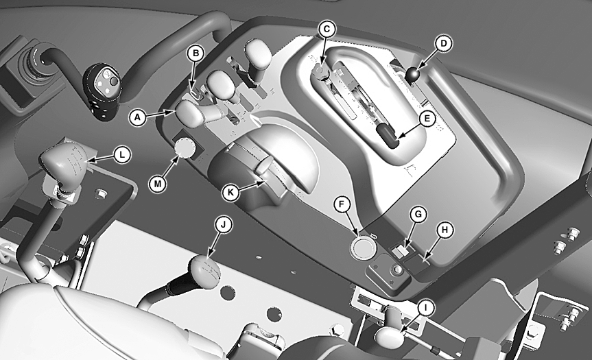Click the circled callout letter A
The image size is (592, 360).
click(x=137, y=117)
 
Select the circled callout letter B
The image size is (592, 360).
click(x=196, y=53)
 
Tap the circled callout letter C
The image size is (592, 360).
click(x=327, y=29)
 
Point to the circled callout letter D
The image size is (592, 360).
click(x=444, y=43)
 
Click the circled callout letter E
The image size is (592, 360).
click(x=427, y=119)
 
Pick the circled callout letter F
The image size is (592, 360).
click(x=342, y=204)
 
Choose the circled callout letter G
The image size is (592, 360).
click(x=418, y=215)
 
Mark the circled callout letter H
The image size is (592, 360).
click(x=445, y=230)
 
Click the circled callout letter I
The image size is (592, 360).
click(x=425, y=309)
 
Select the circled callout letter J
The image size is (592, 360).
click(x=223, y=225)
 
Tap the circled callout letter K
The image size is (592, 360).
click(x=230, y=193)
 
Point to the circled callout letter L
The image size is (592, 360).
click(x=121, y=155)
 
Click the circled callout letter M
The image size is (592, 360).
click(x=158, y=184)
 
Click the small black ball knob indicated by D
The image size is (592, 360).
click(x=412, y=74)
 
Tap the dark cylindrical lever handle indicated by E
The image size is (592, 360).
click(x=388, y=136)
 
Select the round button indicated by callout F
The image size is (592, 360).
click(x=364, y=247)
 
